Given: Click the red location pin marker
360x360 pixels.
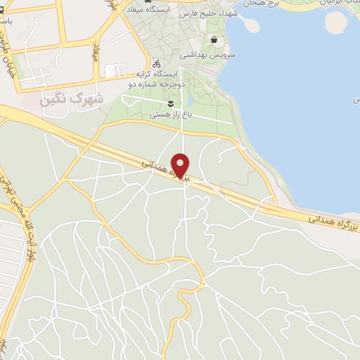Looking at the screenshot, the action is coord(181,165).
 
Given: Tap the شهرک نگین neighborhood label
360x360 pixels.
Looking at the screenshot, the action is coord(72,99).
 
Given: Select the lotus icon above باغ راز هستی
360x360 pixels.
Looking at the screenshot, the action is coord(171,104).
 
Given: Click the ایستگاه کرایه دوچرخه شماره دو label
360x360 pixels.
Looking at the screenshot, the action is coord(156,77).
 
